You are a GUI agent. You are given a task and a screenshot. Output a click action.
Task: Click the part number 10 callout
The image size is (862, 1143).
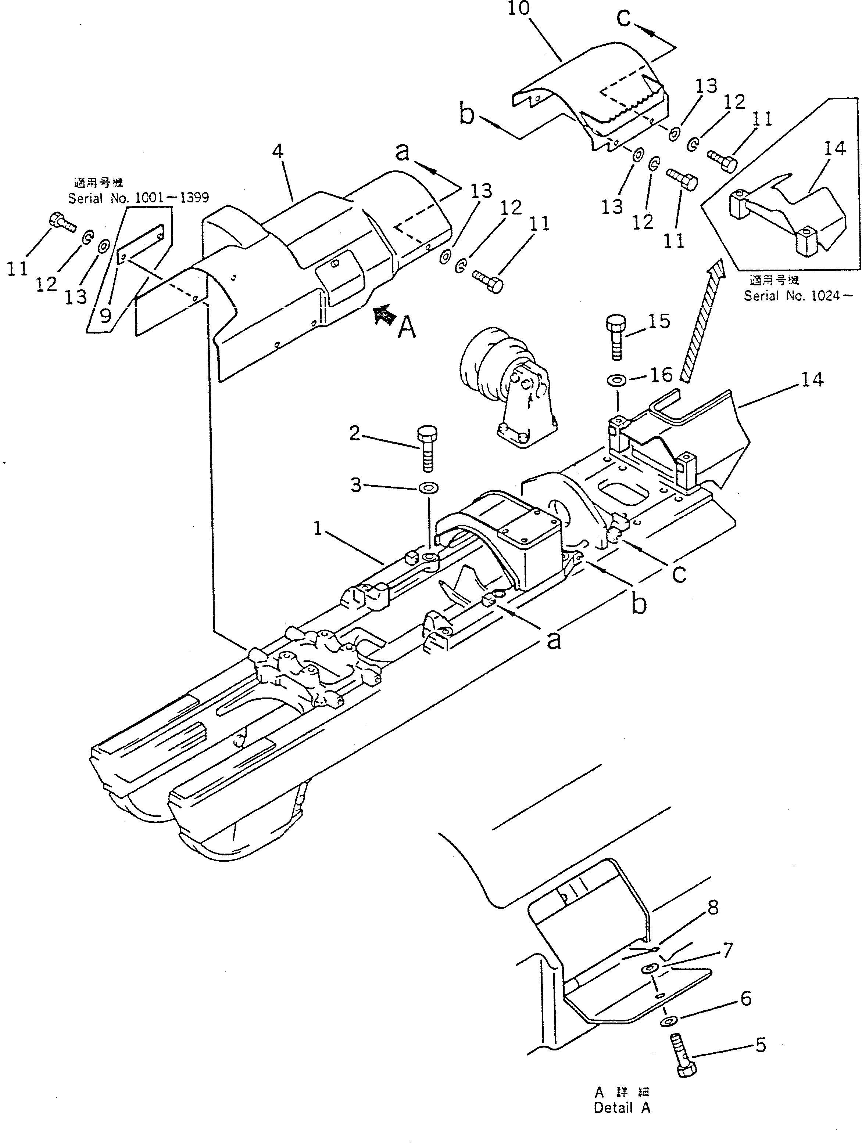[518, 9]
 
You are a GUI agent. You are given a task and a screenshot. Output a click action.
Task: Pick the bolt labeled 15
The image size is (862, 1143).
[615, 336]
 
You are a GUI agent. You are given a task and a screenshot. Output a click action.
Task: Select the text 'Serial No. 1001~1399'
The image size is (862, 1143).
[139, 198]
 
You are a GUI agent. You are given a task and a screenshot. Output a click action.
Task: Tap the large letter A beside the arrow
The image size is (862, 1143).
[407, 327]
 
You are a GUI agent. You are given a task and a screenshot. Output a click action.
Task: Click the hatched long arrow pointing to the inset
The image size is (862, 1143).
[701, 320]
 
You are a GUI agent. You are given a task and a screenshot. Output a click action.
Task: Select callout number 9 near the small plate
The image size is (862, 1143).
[105, 315]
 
